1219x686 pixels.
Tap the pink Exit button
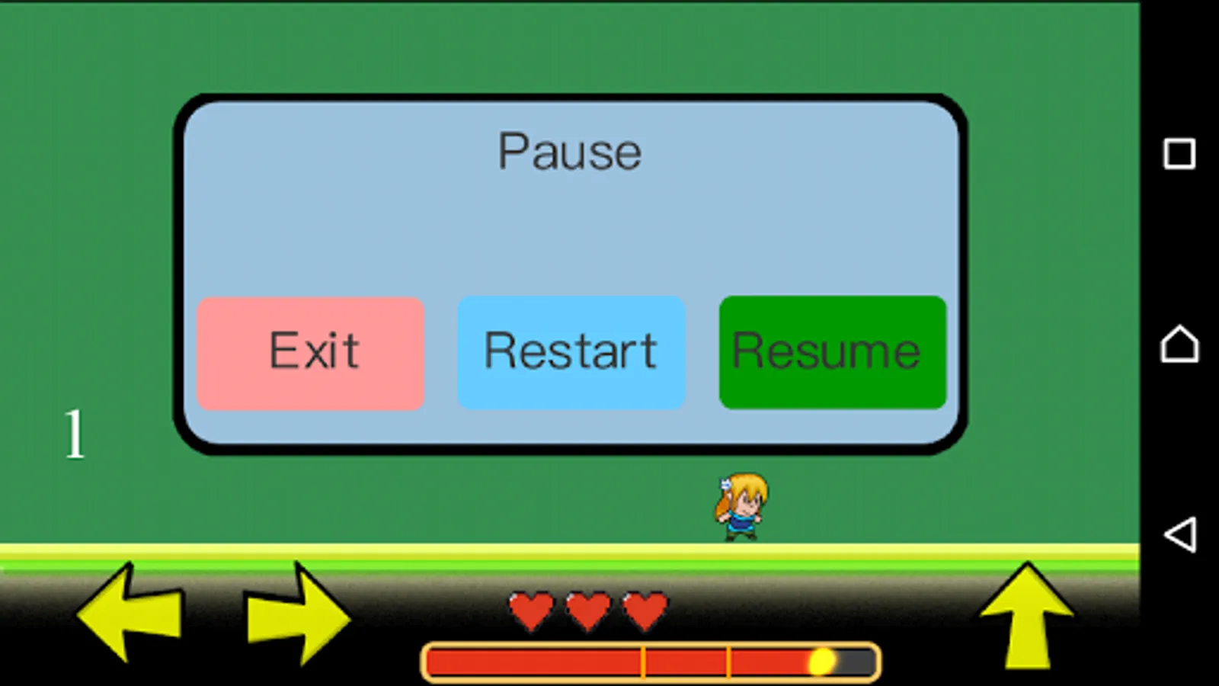point(311,353)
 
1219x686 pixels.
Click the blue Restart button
point(571,353)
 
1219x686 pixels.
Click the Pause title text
point(569,151)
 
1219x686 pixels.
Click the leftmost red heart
point(531,611)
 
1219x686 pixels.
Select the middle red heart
point(588,611)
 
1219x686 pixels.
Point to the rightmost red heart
point(645,611)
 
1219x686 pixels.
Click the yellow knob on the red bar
point(821,662)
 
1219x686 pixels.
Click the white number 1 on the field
point(74,434)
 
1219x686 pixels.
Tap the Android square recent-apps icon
point(1179,154)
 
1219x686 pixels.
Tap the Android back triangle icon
point(1179,534)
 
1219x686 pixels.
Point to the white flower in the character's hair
point(726,483)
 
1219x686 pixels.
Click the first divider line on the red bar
point(643,662)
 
